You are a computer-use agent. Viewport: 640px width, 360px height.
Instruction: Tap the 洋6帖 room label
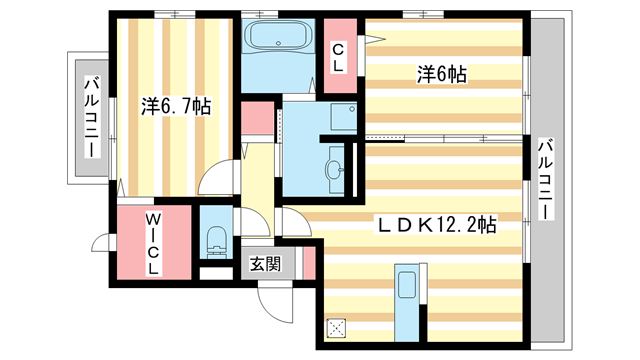[x=442, y=74]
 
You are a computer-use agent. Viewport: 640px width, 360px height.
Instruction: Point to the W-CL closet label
[x=153, y=243]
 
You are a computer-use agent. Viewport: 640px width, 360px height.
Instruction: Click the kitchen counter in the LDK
[x=406, y=300]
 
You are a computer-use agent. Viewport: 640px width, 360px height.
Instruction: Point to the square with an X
[x=337, y=327]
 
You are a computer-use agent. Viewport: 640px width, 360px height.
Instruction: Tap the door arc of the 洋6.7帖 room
[x=215, y=182]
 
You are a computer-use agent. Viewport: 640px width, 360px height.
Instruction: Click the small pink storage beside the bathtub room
[x=257, y=119]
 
